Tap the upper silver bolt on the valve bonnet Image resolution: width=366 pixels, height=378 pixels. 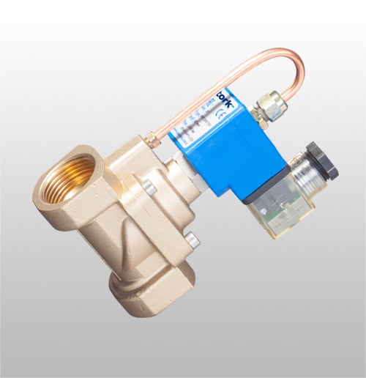pos(149,188)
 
